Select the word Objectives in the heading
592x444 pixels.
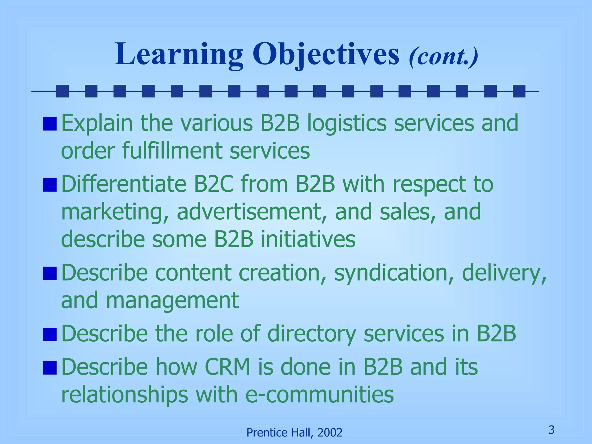pos(326,55)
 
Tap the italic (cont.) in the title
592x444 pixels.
pos(443,56)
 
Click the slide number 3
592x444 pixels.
pos(551,430)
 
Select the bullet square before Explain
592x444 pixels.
pos(50,124)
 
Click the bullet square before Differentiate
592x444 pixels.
pos(50,185)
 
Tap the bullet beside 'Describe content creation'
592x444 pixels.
pos(50,273)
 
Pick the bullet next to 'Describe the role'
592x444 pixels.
pos(50,334)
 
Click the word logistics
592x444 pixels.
pos(347,124)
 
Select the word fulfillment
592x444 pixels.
pos(172,151)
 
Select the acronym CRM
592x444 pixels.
pos(227,367)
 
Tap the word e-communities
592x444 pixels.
pos(319,395)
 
